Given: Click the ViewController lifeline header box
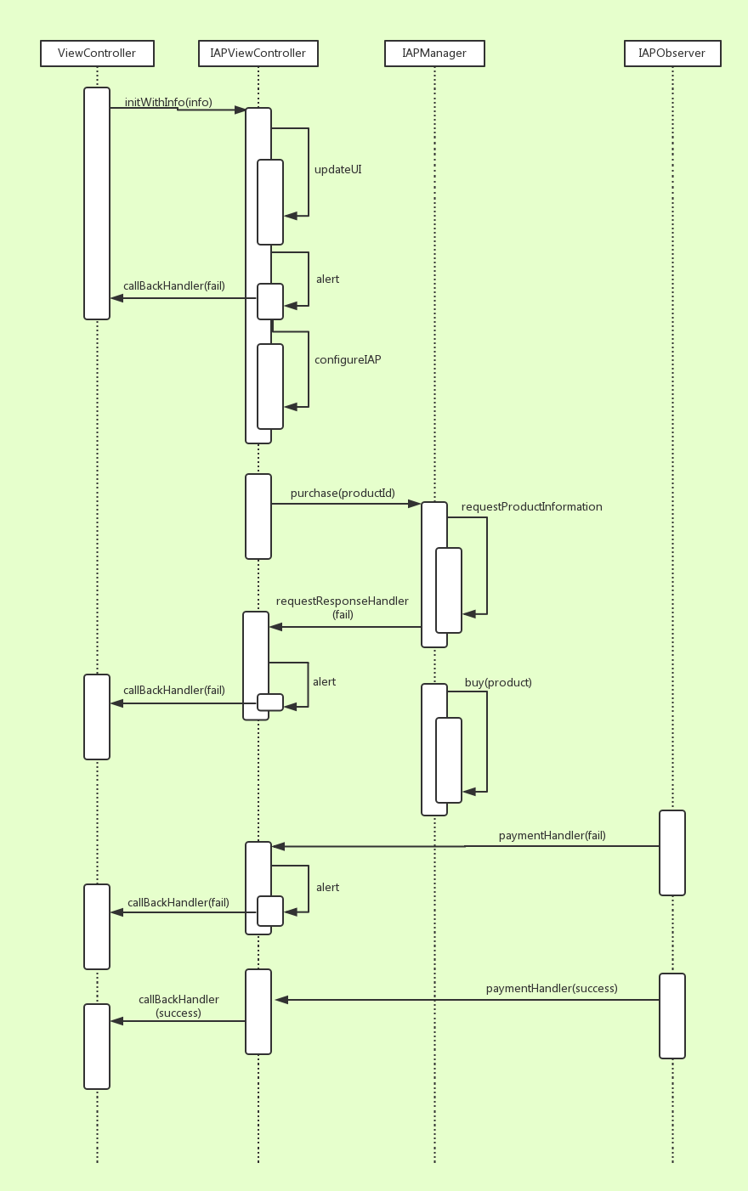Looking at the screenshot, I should (x=97, y=54).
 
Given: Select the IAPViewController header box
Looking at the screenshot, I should (x=258, y=54).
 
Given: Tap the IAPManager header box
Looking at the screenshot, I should (x=434, y=54).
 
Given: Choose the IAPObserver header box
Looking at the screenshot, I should (x=671, y=54).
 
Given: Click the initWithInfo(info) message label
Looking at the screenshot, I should (x=168, y=103).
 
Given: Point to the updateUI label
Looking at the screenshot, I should (x=337, y=170).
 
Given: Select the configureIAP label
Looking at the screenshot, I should (x=348, y=360).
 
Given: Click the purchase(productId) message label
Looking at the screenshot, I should (x=343, y=494).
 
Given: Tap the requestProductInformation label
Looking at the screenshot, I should (x=531, y=507).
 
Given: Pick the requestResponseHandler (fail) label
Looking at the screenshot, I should (x=343, y=607).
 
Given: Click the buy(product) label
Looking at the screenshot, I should (x=498, y=683).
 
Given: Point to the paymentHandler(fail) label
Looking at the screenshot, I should (x=552, y=836).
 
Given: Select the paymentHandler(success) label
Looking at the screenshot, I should (x=552, y=989).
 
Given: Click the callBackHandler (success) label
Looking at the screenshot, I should (x=178, y=1007).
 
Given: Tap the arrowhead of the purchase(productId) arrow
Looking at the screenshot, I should (x=415, y=504).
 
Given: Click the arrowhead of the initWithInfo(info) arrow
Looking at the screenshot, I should (x=240, y=110).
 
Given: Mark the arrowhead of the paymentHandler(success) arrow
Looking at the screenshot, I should (x=281, y=1000).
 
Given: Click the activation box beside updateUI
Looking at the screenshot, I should (x=270, y=202).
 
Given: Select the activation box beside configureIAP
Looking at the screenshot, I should (x=270, y=387).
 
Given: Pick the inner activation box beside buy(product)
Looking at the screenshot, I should (x=449, y=760).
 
